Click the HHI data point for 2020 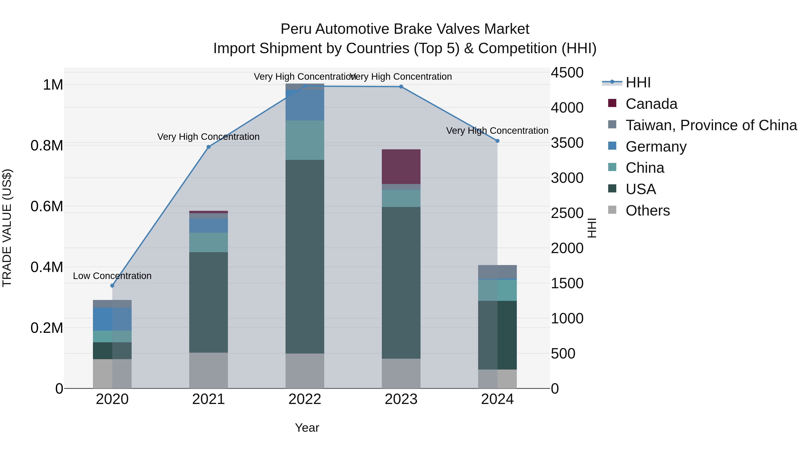pyautogui.click(x=112, y=286)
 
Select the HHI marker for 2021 pyautogui.click(x=209, y=147)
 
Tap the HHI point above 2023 pyautogui.click(x=401, y=86)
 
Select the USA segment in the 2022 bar pyautogui.click(x=305, y=256)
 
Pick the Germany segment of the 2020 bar pyautogui.click(x=112, y=319)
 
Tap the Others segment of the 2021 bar pyautogui.click(x=209, y=370)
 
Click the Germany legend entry pyautogui.click(x=656, y=147)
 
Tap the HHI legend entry pyautogui.click(x=638, y=82)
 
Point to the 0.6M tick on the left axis pyautogui.click(x=47, y=206)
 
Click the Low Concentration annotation pyautogui.click(x=112, y=276)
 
